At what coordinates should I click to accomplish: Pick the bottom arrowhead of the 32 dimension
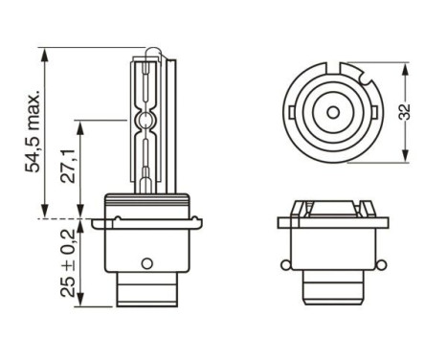[x=409, y=156]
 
